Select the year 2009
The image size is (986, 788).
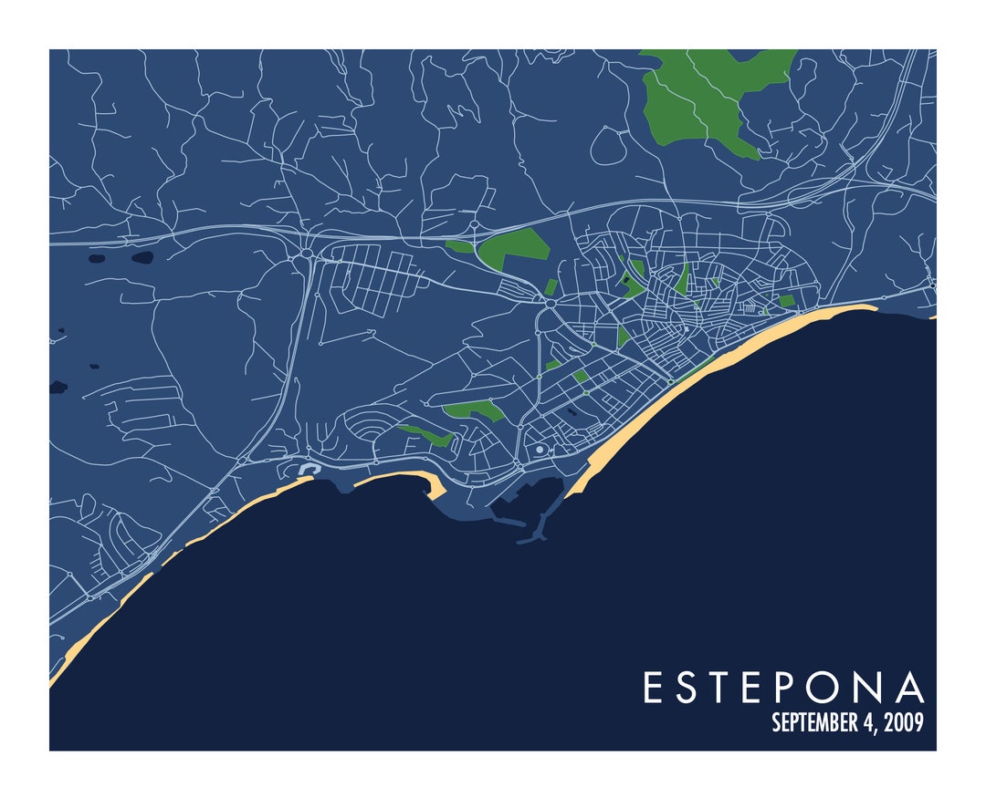pos(904,723)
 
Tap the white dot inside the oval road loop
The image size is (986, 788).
pos(540,450)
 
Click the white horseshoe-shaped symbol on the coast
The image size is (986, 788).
pos(306,471)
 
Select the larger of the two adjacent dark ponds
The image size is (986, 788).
pos(142,257)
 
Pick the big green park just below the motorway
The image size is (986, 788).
pos(513,247)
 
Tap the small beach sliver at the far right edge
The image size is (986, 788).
pos(932,316)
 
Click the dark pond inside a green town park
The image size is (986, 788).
pos(572,411)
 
